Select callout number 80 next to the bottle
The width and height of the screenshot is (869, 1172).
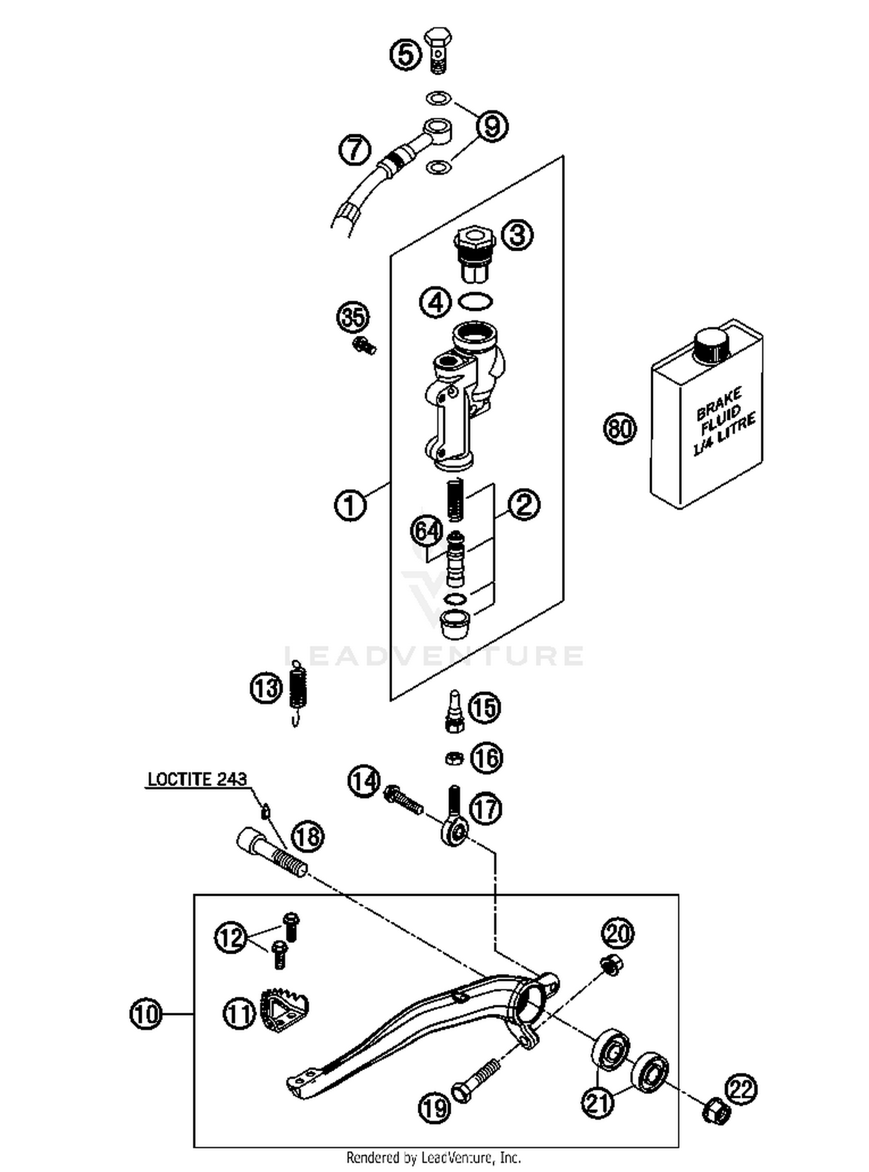[620, 428]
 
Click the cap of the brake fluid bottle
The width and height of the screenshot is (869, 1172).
[710, 346]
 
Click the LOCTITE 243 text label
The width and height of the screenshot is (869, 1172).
[197, 779]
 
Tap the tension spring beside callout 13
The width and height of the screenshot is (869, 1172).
[298, 691]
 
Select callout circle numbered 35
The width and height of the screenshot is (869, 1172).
[353, 317]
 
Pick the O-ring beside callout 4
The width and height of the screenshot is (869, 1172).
[476, 301]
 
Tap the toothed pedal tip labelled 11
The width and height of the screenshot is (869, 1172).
[285, 1009]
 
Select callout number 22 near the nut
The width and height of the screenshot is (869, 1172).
[742, 1089]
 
